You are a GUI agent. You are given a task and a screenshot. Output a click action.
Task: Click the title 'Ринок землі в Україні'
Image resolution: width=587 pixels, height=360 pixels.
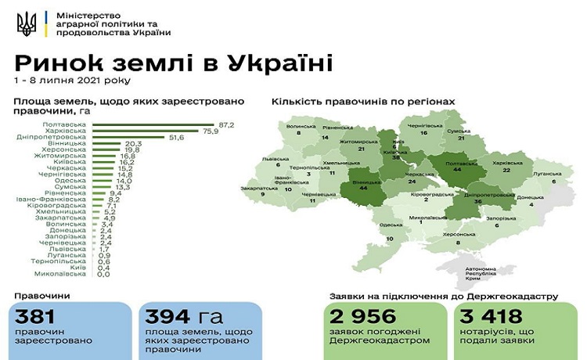click(x=173, y=62)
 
